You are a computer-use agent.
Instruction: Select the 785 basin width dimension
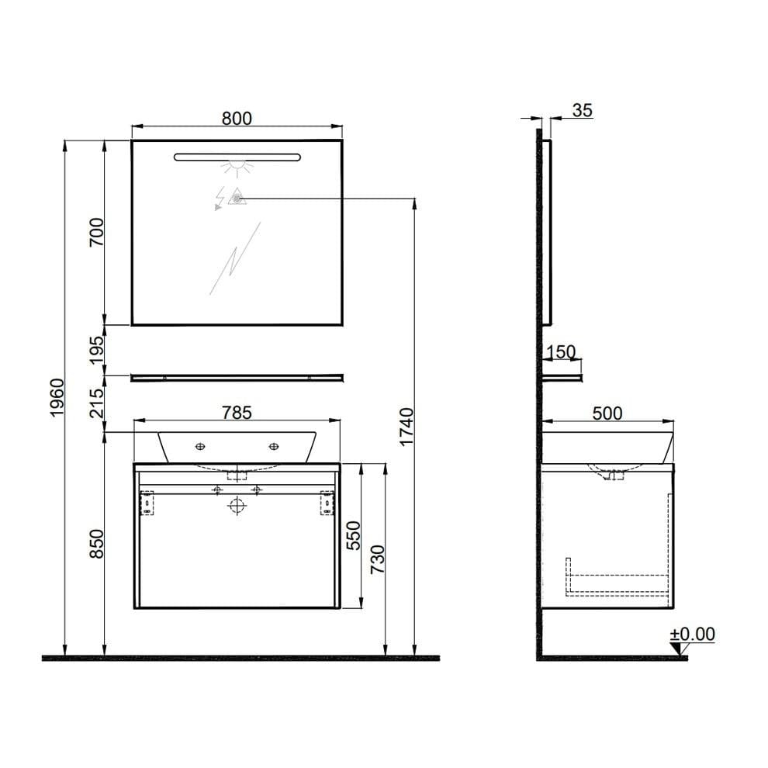[237, 413]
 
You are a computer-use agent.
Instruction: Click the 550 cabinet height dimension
[354, 534]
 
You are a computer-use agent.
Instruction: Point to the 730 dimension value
[377, 558]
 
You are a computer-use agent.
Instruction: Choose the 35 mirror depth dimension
[582, 110]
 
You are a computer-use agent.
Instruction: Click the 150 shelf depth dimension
[560, 352]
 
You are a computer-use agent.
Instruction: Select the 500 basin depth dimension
[607, 413]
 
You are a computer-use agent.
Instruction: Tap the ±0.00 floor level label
[692, 634]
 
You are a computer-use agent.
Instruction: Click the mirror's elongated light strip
[236, 157]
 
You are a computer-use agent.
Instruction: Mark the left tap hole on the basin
[200, 446]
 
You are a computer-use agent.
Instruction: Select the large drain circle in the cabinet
[237, 506]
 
